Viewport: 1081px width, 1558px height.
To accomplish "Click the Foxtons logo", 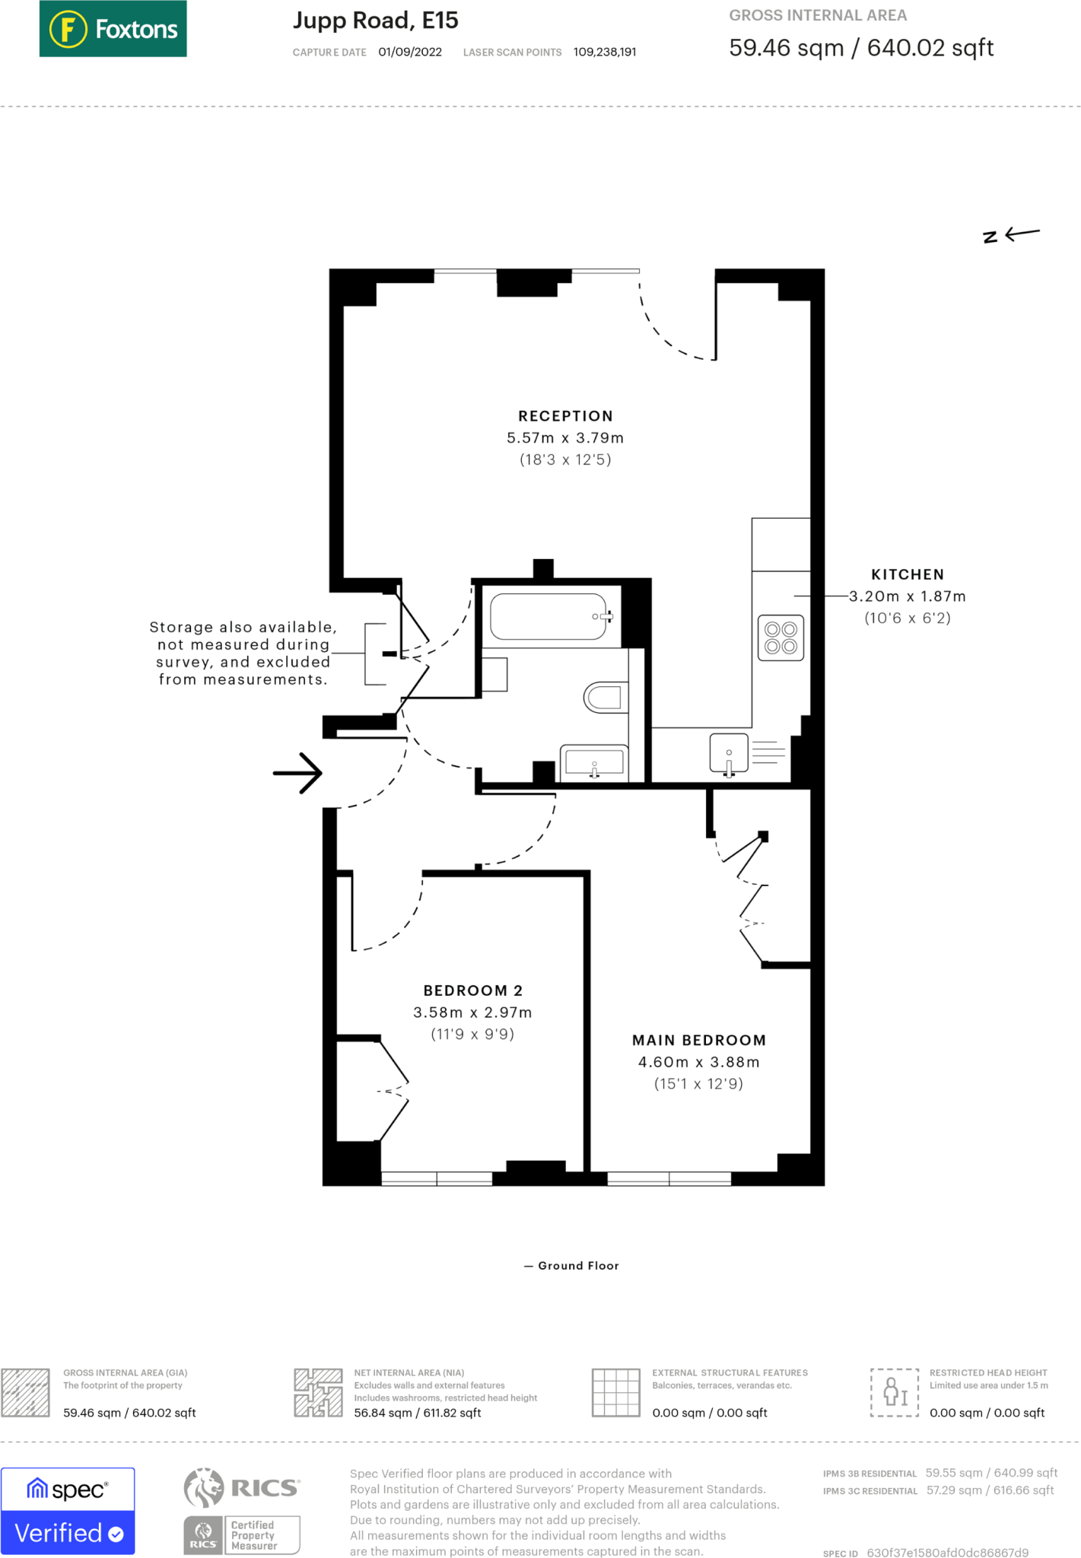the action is click(113, 29).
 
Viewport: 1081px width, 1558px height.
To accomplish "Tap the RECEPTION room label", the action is click(565, 416).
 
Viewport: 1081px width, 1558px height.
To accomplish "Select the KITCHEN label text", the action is click(908, 574).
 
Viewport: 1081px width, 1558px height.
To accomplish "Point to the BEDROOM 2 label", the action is click(473, 990).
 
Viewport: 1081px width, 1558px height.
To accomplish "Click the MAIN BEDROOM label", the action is click(699, 1040).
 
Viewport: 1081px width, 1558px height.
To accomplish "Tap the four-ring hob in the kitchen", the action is click(781, 638).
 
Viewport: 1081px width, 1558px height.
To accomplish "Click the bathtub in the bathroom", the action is click(548, 616).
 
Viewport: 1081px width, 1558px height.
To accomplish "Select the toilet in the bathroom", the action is click(606, 697).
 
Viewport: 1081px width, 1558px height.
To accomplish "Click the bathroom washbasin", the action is click(594, 762).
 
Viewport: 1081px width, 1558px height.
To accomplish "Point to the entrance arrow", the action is click(297, 773).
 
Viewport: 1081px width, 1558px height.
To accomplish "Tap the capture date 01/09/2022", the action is click(410, 52).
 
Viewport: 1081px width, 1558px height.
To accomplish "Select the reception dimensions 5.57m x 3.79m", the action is click(565, 438).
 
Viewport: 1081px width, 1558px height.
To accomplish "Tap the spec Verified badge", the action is click(68, 1510).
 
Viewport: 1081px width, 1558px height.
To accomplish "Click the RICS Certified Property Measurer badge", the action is click(242, 1510).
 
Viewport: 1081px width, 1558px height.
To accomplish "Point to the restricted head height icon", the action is click(895, 1392).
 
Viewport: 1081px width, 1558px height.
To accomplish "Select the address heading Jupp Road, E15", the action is click(376, 21).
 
